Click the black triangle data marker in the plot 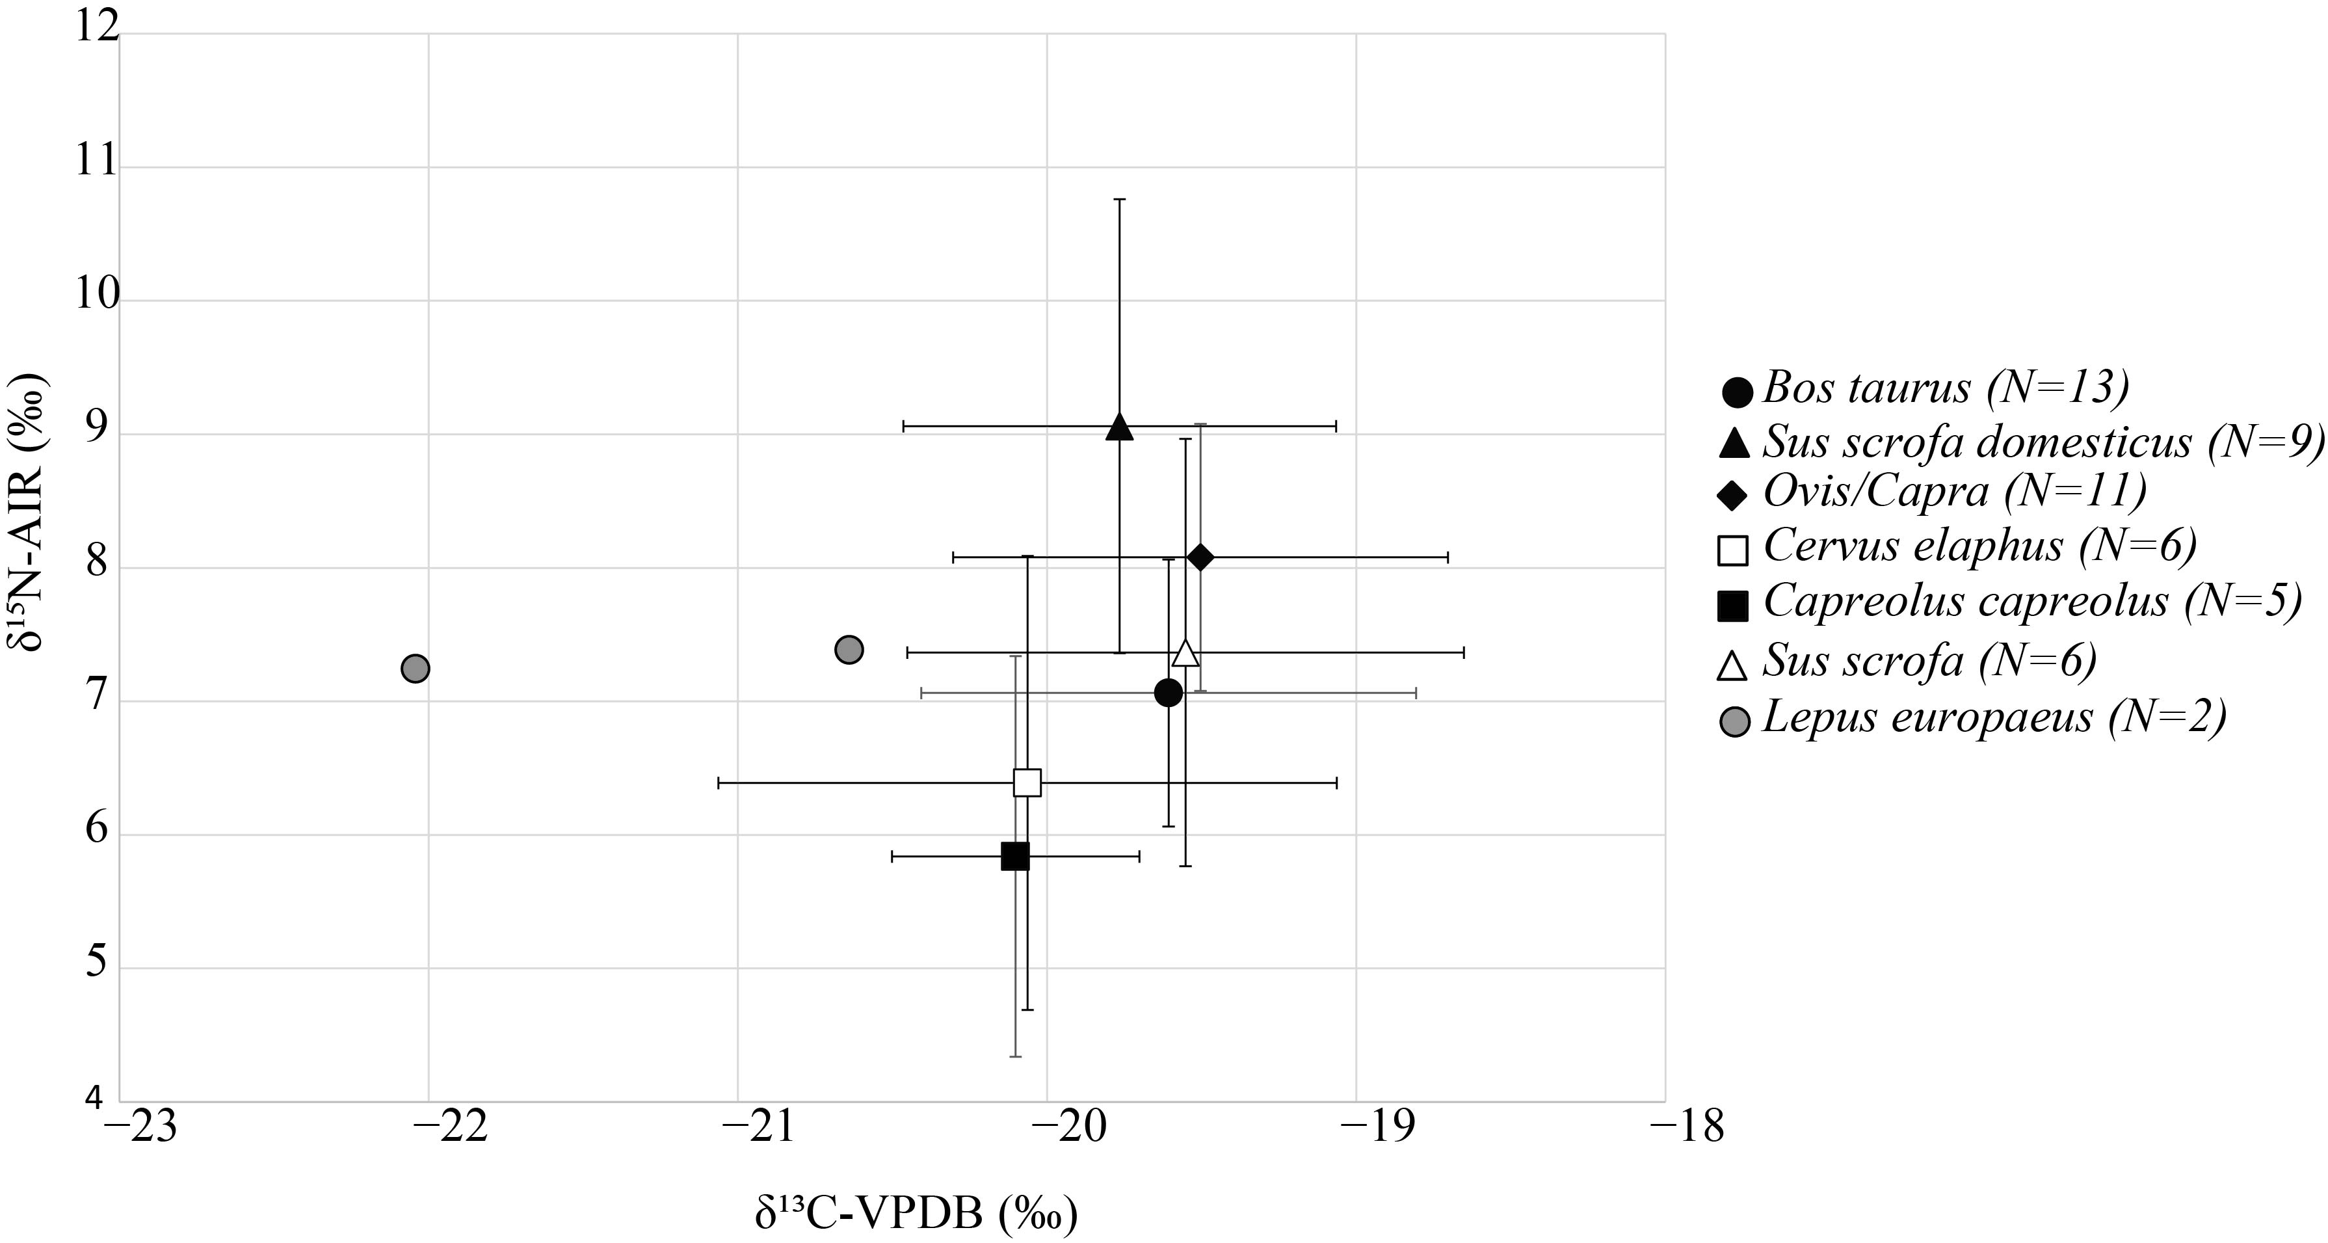(x=1120, y=427)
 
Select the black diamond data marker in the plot (x=1200, y=558)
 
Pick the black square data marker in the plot (x=1015, y=856)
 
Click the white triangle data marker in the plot (x=1185, y=652)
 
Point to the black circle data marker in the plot (x=1169, y=693)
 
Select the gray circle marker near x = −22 (x=415, y=669)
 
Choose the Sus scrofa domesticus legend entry (x=2024, y=443)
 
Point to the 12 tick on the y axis (x=97, y=28)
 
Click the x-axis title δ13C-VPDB (x=916, y=1215)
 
